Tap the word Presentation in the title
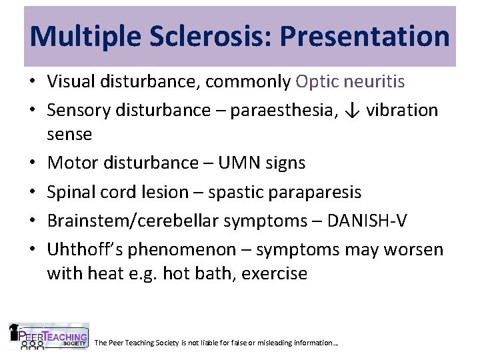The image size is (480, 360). (x=365, y=36)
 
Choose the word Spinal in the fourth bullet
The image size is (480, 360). (x=69, y=192)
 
